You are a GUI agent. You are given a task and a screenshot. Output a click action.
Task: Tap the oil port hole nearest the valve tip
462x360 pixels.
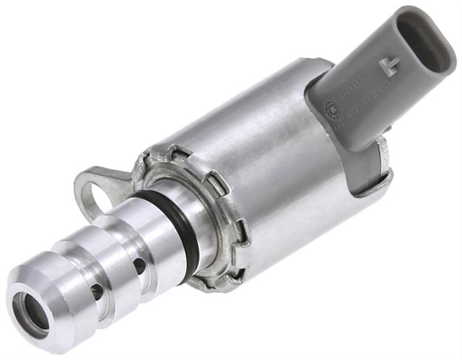click(x=97, y=291)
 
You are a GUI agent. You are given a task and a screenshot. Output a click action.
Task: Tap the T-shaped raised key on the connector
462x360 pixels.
click(x=391, y=67)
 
